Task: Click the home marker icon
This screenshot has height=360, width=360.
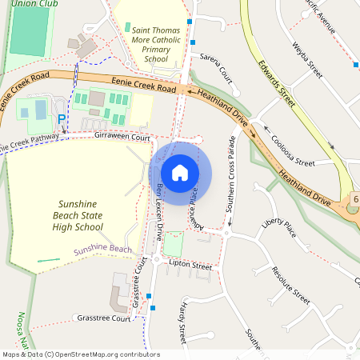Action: [x=180, y=172]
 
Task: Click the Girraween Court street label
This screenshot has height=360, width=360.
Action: [x=122, y=138]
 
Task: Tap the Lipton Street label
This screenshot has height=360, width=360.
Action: [x=190, y=265]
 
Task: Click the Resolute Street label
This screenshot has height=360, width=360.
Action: [x=290, y=285]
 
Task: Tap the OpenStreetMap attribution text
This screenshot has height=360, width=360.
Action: [x=81, y=354]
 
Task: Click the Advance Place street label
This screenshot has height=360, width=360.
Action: [x=193, y=206]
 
